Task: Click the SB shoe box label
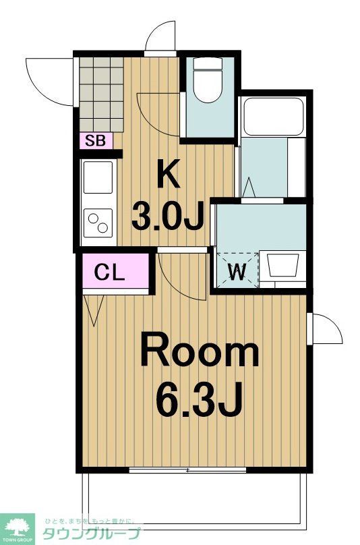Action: pyautogui.click(x=94, y=141)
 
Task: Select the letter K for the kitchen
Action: pyautogui.click(x=168, y=176)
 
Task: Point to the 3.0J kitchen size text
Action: pyautogui.click(x=168, y=216)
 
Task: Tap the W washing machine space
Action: pyautogui.click(x=235, y=271)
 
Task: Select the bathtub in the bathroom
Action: pyautogui.click(x=273, y=117)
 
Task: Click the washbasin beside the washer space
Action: pyautogui.click(x=282, y=265)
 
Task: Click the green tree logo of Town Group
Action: pyautogui.click(x=20, y=525)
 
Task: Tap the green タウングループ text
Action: pyautogui.click(x=92, y=533)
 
